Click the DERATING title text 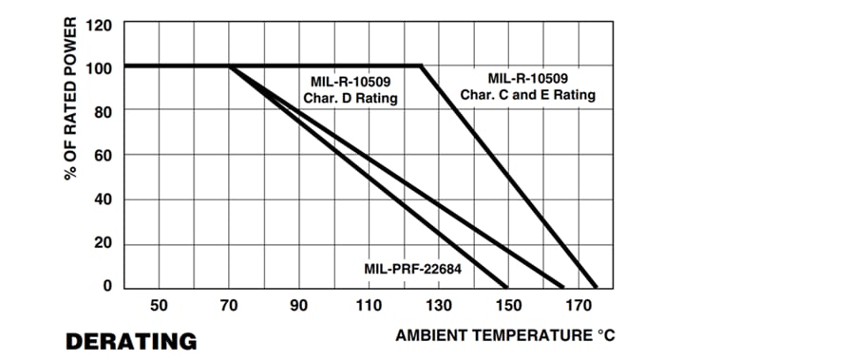pyautogui.click(x=131, y=340)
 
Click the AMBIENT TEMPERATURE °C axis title pyautogui.click(x=499, y=335)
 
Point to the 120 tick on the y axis pyautogui.click(x=100, y=25)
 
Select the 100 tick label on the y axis pyautogui.click(x=100, y=68)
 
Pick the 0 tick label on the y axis pyautogui.click(x=107, y=286)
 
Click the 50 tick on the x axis pyautogui.click(x=159, y=306)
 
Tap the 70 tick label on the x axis pyautogui.click(x=229, y=306)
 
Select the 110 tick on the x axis pyautogui.click(x=369, y=306)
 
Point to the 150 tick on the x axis pyautogui.click(x=508, y=306)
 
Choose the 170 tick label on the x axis pyautogui.click(x=578, y=306)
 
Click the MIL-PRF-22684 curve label pyautogui.click(x=412, y=269)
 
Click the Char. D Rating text pyautogui.click(x=350, y=98)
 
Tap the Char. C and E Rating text pyautogui.click(x=528, y=94)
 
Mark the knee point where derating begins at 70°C pyautogui.click(x=229, y=66)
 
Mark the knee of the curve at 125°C pyautogui.click(x=421, y=66)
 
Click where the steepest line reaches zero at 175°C pyautogui.click(x=596, y=286)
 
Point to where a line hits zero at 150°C pyautogui.click(x=508, y=286)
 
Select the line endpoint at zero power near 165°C pyautogui.click(x=562, y=286)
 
